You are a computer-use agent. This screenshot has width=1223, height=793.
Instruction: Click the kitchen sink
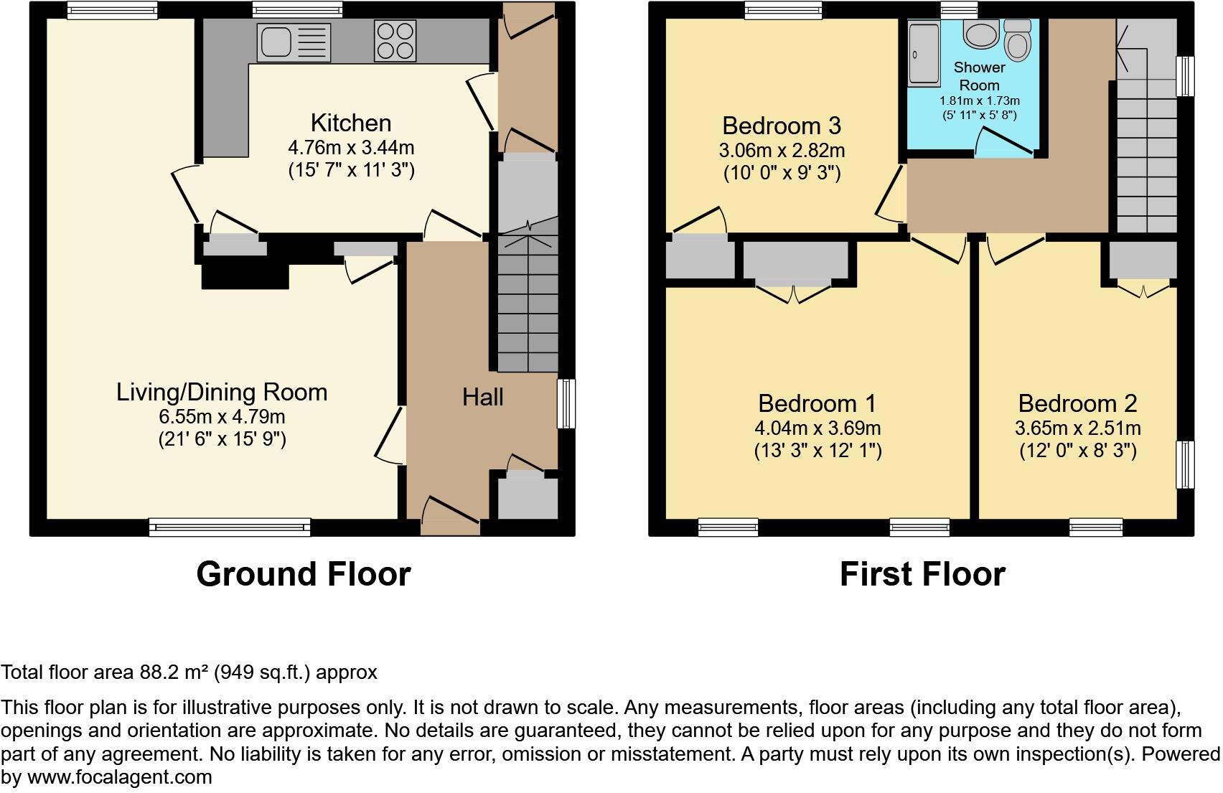tap(294, 42)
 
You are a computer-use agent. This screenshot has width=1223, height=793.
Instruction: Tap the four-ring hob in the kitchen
tap(395, 41)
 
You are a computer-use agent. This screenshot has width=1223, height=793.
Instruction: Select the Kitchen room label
tap(351, 123)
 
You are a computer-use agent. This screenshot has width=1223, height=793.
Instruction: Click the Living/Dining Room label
tap(222, 392)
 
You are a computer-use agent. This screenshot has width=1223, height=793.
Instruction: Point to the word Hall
tap(482, 397)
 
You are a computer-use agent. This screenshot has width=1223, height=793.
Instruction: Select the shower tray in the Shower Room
tap(924, 54)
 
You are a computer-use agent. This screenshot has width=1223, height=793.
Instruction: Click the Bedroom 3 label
tap(781, 126)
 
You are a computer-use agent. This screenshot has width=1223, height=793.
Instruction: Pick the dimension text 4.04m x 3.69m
tap(817, 428)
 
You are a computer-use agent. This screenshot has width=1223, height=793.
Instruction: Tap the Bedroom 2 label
tap(1077, 403)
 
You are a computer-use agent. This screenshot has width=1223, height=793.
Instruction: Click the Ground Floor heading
tap(303, 574)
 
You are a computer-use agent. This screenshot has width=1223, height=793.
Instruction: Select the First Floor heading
tap(922, 574)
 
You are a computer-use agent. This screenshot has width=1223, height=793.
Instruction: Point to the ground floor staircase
tap(528, 309)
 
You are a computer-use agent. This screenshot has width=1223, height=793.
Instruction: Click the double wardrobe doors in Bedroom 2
tap(1144, 290)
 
